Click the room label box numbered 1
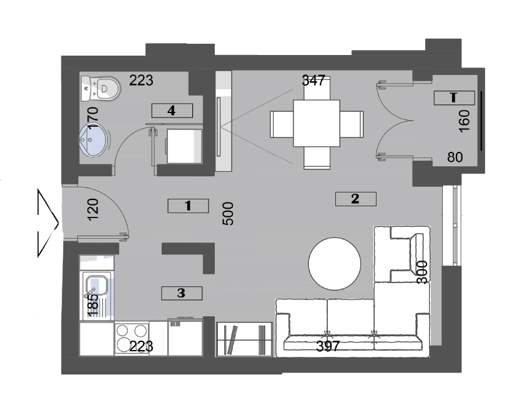[x=188, y=206]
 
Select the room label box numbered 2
[x=355, y=199]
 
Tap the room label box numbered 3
[x=182, y=293]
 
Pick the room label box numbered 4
[x=172, y=111]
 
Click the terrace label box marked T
[x=454, y=97]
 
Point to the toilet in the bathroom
[x=101, y=88]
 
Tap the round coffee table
[x=335, y=264]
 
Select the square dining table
[x=317, y=123]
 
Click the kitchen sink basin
[x=97, y=285]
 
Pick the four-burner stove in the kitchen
[x=131, y=338]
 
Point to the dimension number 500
[x=228, y=213]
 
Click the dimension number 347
[x=313, y=81]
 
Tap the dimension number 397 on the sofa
[x=328, y=346]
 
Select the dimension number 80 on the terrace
[x=455, y=157]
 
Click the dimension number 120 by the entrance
[x=93, y=209]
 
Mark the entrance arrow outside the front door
[x=47, y=223]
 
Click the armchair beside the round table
[x=402, y=254]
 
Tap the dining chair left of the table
[x=282, y=124]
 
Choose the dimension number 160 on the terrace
[x=464, y=121]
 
